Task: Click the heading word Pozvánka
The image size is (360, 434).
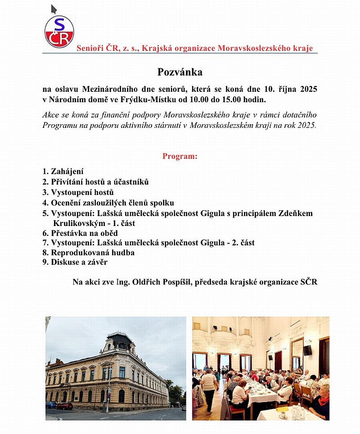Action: click(180, 72)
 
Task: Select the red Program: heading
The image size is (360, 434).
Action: click(180, 157)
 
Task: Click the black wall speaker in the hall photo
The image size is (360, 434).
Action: click(307, 350)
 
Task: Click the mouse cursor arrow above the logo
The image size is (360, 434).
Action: click(54, 9)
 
